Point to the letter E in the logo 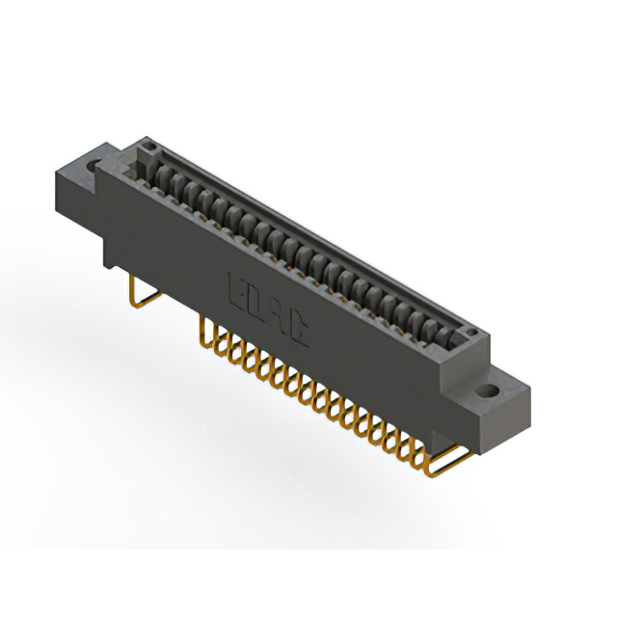pos(237,290)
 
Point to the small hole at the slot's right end pos(469,331)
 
